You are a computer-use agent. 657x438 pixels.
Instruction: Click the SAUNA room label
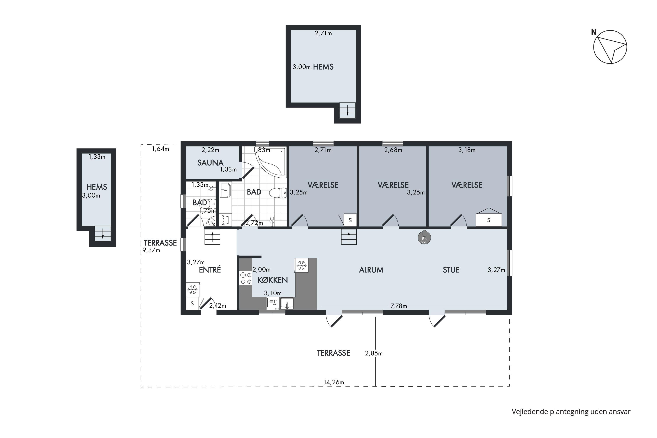[x=210, y=162]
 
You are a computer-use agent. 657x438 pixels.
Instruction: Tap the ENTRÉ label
[x=210, y=270]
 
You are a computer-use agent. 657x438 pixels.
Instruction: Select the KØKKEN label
[x=273, y=280]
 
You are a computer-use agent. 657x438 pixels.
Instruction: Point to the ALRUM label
[x=371, y=270]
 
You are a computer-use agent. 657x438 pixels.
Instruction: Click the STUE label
[x=451, y=270]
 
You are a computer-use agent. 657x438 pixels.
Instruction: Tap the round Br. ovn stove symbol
[x=424, y=237]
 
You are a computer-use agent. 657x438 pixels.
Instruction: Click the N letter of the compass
[x=593, y=32]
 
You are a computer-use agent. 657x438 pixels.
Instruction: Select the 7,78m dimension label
[x=399, y=306]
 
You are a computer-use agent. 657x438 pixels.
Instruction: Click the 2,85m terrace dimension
[x=374, y=353]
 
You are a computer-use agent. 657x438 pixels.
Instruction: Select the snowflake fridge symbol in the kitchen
[x=301, y=265]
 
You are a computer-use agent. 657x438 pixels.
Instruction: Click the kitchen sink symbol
[x=287, y=303]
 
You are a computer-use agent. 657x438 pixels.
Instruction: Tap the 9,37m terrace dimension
[x=151, y=250]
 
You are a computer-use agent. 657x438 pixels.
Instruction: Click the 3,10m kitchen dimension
[x=273, y=293]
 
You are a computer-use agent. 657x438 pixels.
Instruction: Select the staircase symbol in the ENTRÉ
[x=212, y=237]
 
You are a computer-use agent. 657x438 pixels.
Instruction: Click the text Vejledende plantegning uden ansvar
[x=571, y=412]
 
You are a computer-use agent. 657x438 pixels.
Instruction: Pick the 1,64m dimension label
[x=161, y=149]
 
